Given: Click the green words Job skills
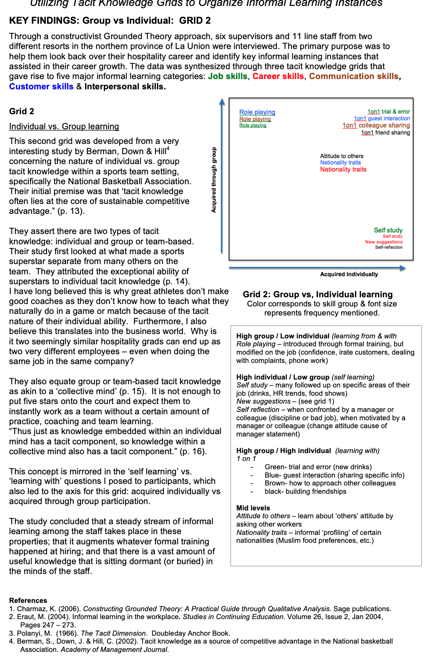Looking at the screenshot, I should click(227, 76).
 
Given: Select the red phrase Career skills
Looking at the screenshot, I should click(278, 76).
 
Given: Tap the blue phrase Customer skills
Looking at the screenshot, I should click(41, 87).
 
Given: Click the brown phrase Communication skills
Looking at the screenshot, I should click(353, 76).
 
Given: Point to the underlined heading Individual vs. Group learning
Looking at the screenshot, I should click(64, 127).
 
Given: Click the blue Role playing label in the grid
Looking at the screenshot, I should click(257, 112).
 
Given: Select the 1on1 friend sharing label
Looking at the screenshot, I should click(385, 133).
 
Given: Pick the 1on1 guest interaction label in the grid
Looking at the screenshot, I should click(381, 119).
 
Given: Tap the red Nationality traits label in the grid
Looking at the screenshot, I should click(343, 170).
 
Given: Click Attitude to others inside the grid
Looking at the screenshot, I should click(342, 156).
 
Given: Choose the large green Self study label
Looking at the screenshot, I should click(388, 230).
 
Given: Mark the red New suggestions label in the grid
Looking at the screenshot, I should click(383, 242).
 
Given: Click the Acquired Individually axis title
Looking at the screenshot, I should click(349, 274).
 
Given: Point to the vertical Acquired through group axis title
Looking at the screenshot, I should click(214, 180).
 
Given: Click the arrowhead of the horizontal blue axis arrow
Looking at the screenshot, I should click(403, 268).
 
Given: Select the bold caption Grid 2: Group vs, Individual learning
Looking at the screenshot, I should click(317, 295).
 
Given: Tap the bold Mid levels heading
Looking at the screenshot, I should click(253, 508).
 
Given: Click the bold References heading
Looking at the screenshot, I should click(28, 601).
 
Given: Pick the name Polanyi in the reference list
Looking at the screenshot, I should click(30, 633).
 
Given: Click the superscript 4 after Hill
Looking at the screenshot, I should click(168, 149).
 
